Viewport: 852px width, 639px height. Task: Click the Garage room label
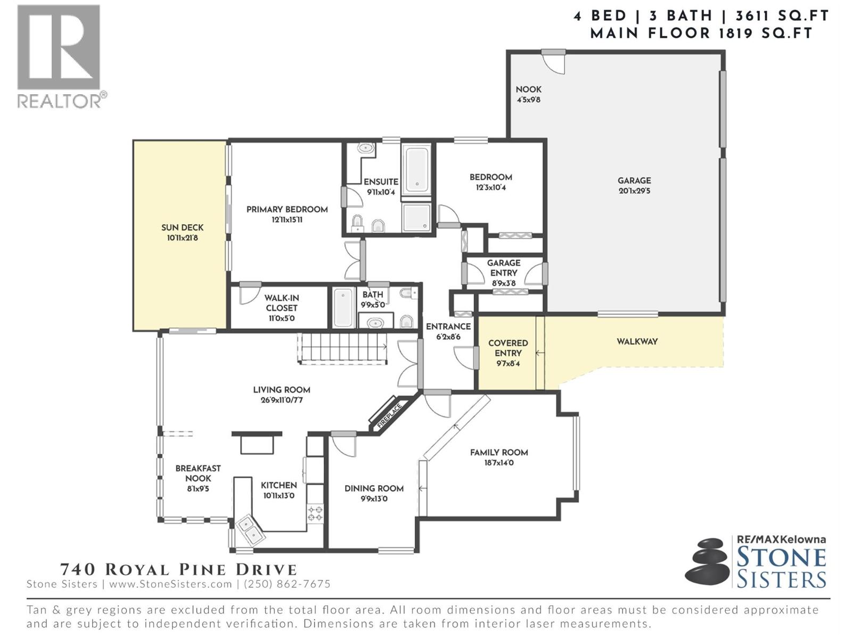pyautogui.click(x=634, y=181)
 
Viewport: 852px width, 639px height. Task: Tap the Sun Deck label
pyautogui.click(x=182, y=228)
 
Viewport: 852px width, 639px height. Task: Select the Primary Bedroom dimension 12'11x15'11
pyautogui.click(x=287, y=219)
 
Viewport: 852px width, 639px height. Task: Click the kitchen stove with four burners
pyautogui.click(x=315, y=513)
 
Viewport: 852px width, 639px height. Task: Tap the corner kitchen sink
pyautogui.click(x=250, y=529)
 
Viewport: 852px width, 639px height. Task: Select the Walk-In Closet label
pyautogui.click(x=281, y=303)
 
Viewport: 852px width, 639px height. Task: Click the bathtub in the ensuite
pyautogui.click(x=416, y=169)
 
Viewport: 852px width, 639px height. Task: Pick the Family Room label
pyautogui.click(x=499, y=453)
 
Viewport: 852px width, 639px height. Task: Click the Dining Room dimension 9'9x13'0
pyautogui.click(x=374, y=499)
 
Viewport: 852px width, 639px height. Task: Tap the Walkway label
pyautogui.click(x=637, y=341)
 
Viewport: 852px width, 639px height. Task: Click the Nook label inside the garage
pyautogui.click(x=528, y=89)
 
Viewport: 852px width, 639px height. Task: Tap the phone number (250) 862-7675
pyautogui.click(x=287, y=584)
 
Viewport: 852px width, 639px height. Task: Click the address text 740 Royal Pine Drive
pyautogui.click(x=178, y=569)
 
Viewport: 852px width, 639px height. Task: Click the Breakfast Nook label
pyautogui.click(x=198, y=473)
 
